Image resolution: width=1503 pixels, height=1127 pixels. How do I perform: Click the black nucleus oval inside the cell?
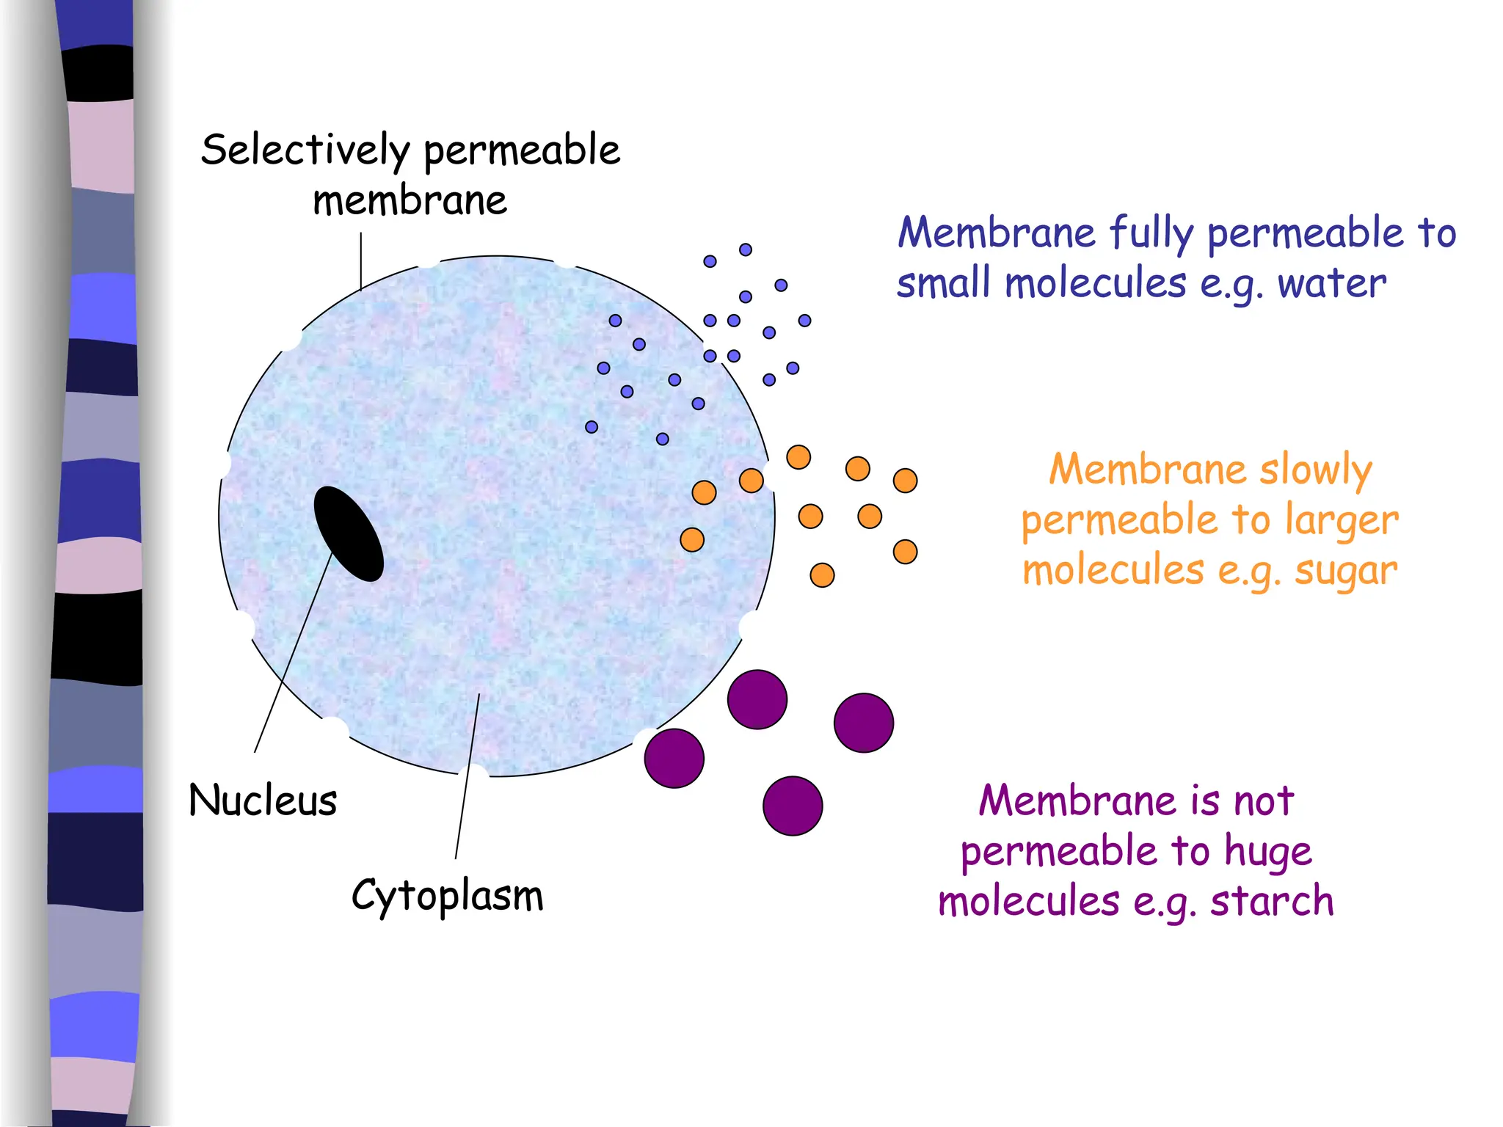349,533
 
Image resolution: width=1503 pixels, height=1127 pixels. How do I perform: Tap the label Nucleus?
263,800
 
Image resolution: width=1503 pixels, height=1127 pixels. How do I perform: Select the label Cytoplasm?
447,895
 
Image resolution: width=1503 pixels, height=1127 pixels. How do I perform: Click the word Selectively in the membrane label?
305,150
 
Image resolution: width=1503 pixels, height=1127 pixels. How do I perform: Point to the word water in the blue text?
1331,283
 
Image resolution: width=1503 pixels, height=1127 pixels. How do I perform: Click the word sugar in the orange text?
1346,571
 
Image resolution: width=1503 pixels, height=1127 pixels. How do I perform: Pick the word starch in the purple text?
1272,901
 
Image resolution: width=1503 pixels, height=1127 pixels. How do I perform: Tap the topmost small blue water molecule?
746,249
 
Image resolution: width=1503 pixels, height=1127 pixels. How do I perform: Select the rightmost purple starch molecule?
864,723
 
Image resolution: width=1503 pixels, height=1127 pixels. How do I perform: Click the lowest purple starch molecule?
793,806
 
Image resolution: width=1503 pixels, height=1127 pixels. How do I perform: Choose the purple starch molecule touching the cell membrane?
674,758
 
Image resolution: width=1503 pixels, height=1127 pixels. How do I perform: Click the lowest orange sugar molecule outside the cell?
822,575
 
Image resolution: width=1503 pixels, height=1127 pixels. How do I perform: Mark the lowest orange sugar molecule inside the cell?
692,540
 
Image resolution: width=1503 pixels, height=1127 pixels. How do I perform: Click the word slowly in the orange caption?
1315,470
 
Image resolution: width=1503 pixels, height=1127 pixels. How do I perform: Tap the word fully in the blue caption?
1151,233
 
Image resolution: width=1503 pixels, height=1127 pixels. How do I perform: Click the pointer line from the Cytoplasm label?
467,778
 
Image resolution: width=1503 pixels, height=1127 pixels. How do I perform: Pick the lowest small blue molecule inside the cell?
663,439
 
